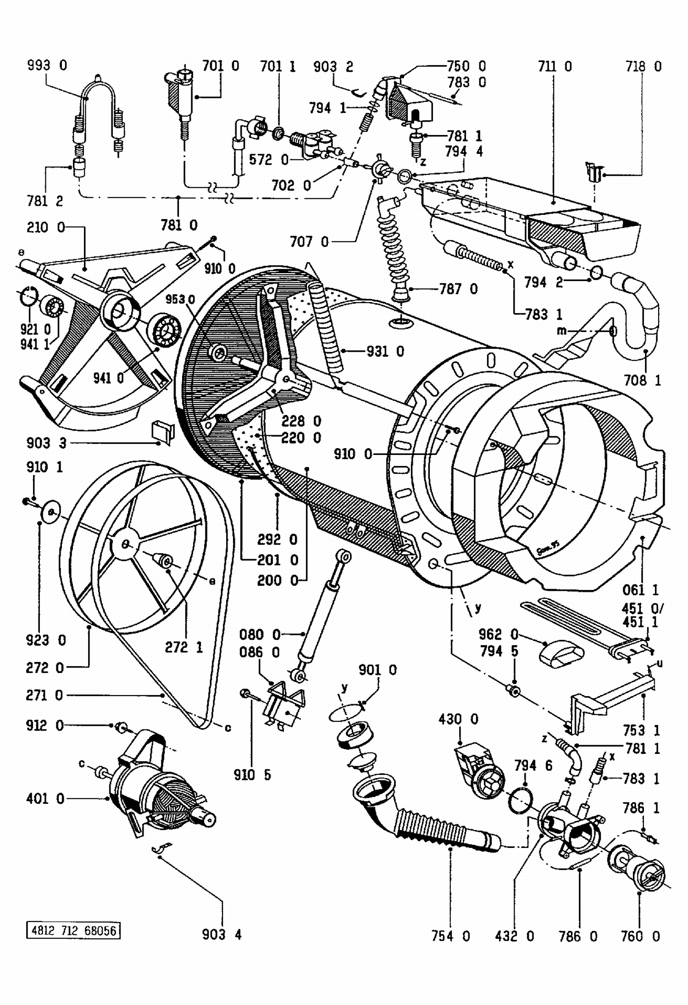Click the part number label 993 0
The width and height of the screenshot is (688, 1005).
pyautogui.click(x=47, y=65)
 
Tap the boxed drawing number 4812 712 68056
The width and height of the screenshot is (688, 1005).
pyautogui.click(x=73, y=931)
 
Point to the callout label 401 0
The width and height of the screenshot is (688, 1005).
pyautogui.click(x=45, y=798)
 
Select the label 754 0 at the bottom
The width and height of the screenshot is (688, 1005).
pyautogui.click(x=451, y=936)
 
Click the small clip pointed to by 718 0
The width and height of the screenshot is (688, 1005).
pyautogui.click(x=594, y=172)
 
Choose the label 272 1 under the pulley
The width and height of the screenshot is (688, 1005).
pyautogui.click(x=184, y=647)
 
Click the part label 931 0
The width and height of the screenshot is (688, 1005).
pyautogui.click(x=385, y=351)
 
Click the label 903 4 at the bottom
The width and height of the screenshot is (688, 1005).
pyautogui.click(x=222, y=934)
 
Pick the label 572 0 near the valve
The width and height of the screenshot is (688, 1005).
pyautogui.click(x=269, y=160)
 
